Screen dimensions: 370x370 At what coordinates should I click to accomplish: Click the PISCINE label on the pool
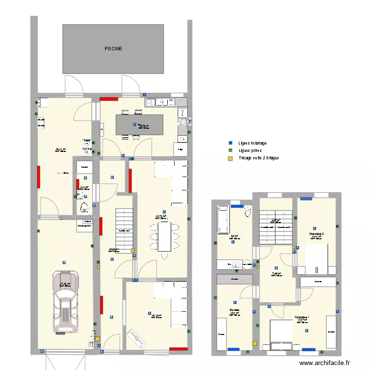(113, 49)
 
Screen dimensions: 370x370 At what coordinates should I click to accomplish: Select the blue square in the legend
(229, 143)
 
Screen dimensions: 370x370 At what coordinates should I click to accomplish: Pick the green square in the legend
(229, 150)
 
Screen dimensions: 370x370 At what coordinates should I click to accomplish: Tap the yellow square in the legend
(229, 158)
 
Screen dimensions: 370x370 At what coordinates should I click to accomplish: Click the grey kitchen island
(140, 125)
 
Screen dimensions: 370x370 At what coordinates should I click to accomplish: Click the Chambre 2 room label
(316, 234)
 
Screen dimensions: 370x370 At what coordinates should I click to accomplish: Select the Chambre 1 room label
(302, 317)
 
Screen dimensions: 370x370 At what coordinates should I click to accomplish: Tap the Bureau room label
(234, 310)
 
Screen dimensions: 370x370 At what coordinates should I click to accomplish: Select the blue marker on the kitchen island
(135, 125)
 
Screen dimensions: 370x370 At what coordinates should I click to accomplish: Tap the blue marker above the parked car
(64, 261)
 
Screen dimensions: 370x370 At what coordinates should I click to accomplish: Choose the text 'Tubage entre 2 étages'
(259, 158)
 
